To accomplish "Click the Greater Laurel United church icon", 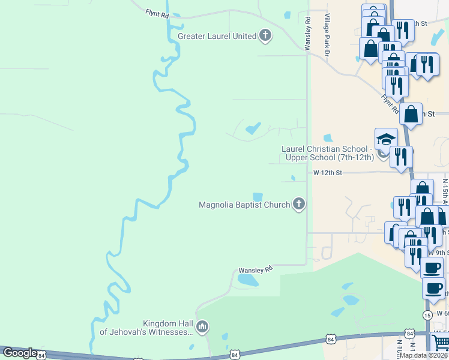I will [265, 36].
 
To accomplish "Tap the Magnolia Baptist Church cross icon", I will [298, 205].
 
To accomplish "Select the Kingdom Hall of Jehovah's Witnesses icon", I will [202, 326].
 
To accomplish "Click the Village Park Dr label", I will [327, 36].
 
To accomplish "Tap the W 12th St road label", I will [327, 173].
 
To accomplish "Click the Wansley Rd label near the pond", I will [256, 269].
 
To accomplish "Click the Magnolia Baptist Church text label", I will [244, 205].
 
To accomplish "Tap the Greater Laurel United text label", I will [217, 36].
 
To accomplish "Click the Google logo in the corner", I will [19, 353].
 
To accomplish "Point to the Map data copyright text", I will [423, 355].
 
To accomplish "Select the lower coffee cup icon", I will [433, 288].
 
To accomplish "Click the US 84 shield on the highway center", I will [234, 356].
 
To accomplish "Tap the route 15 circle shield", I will [427, 315].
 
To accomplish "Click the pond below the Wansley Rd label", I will [248, 280].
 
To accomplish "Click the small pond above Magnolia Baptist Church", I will [258, 197].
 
